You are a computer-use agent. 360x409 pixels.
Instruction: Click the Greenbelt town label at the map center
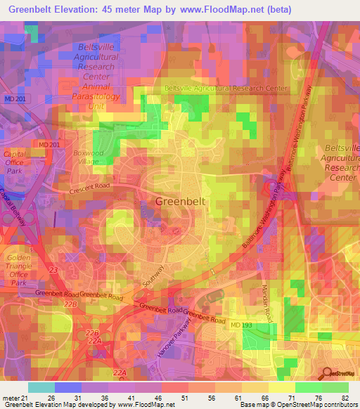[180, 202]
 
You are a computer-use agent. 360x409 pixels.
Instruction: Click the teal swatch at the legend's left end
[41, 387]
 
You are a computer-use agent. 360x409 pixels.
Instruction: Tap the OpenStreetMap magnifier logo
[327, 373]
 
